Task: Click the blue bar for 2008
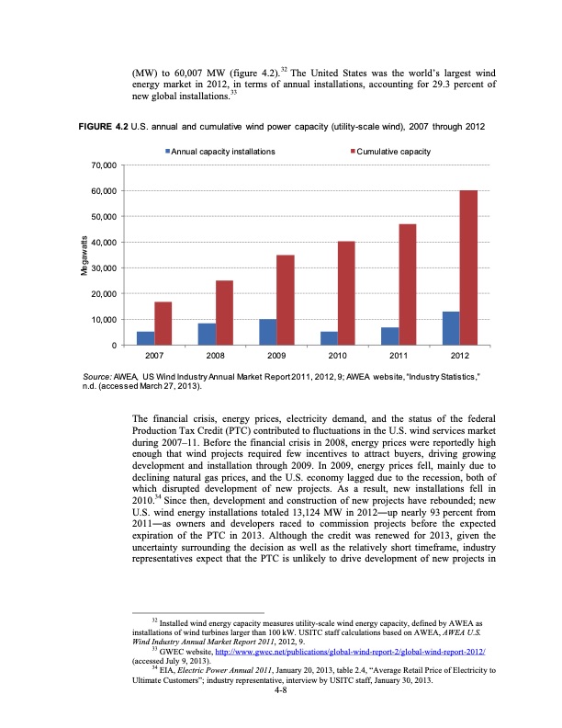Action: point(207,334)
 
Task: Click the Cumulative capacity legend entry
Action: point(393,150)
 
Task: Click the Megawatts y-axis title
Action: point(83,255)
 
